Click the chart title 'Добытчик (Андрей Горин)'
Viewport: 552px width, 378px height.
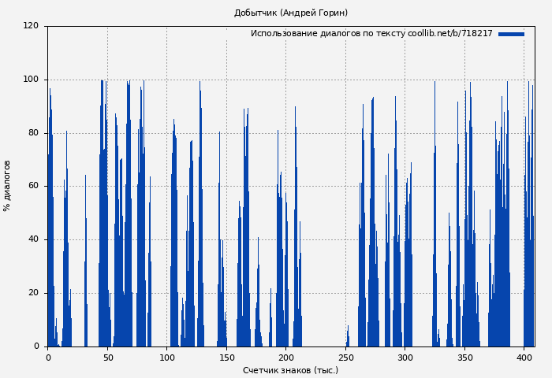tap(290, 13)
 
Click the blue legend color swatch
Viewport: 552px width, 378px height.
tap(511, 34)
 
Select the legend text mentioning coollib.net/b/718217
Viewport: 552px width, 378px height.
tap(371, 34)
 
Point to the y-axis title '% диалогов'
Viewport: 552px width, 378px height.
tap(7, 186)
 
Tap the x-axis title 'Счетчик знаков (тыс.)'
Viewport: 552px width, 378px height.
tap(290, 370)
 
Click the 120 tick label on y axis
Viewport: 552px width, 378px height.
tap(31, 26)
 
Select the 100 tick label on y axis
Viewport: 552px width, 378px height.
tap(31, 80)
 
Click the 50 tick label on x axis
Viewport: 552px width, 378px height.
tap(107, 358)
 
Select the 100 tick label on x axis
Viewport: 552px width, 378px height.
tap(166, 358)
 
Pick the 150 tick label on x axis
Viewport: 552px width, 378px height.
tap(226, 358)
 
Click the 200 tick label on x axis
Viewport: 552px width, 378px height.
tap(285, 358)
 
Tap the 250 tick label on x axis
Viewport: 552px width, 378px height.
tap(345, 358)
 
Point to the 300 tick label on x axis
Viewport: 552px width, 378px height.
tap(405, 358)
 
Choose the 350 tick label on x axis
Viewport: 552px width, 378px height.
tap(464, 358)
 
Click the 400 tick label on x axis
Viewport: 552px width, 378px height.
tap(524, 358)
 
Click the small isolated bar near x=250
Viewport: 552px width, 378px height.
tap(348, 338)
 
